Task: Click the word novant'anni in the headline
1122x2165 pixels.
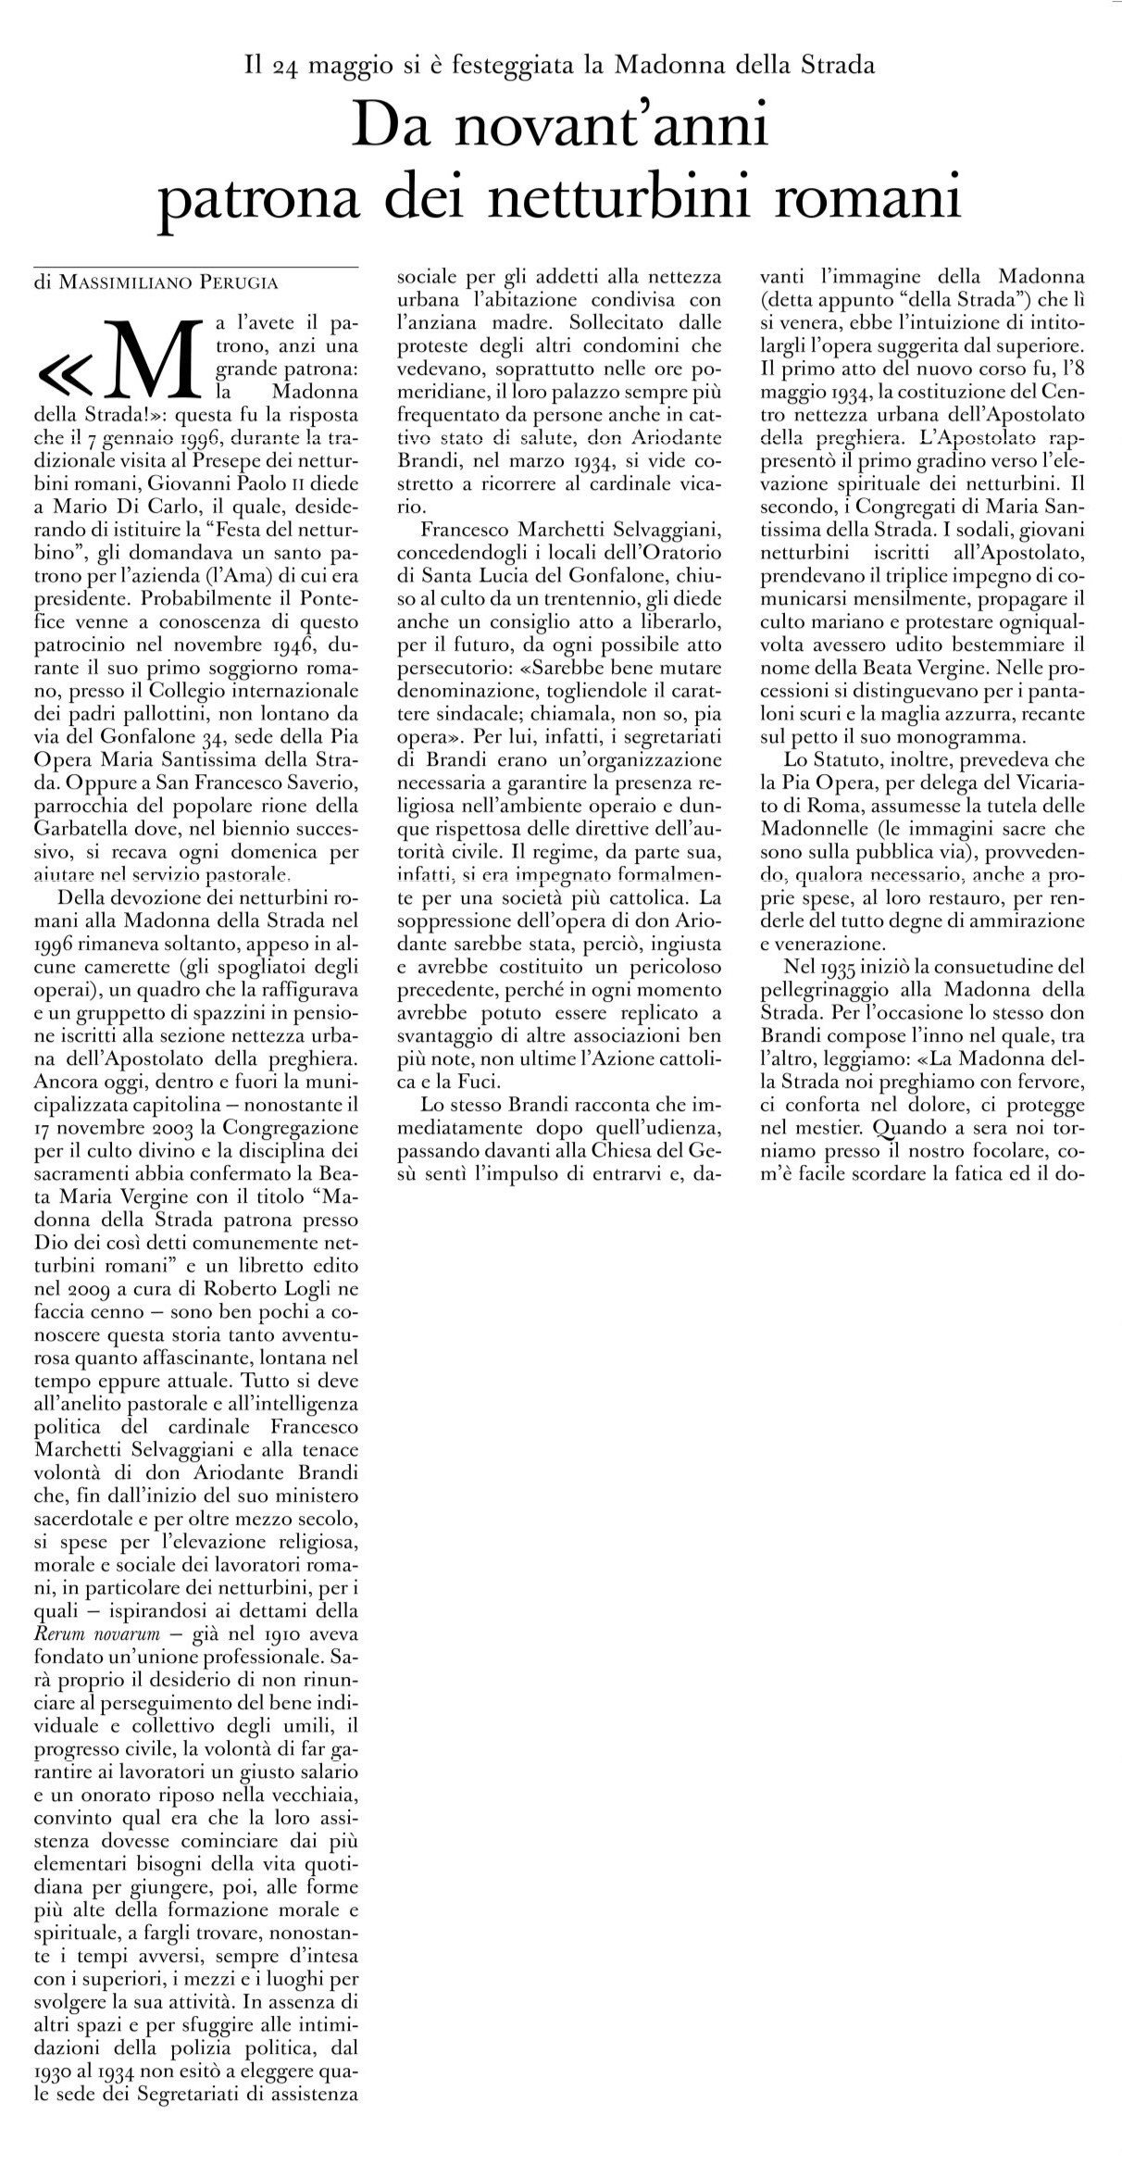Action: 560,128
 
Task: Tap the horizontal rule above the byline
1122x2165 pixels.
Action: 195,268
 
